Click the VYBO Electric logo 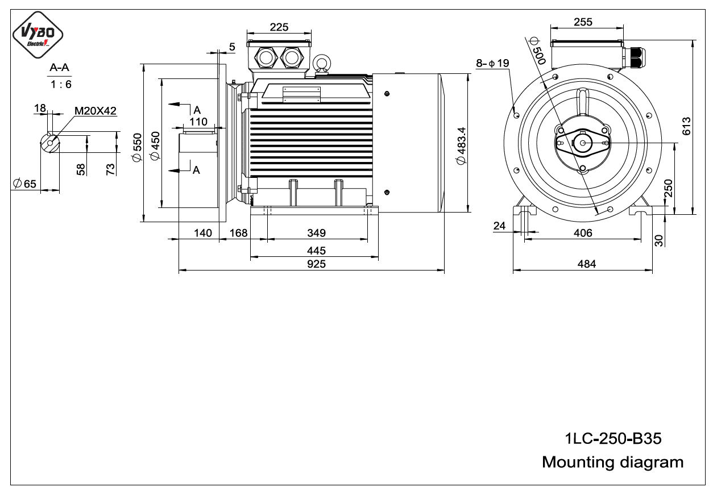pyautogui.click(x=38, y=35)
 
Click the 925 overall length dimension pyautogui.click(x=316, y=264)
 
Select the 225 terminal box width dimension pyautogui.click(x=279, y=27)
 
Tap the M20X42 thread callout pyautogui.click(x=96, y=111)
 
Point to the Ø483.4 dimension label pyautogui.click(x=461, y=146)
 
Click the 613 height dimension pyautogui.click(x=687, y=126)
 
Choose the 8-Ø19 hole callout pyautogui.click(x=492, y=63)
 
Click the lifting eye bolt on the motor pyautogui.click(x=322, y=65)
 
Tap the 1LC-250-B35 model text pyautogui.click(x=613, y=438)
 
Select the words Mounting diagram pyautogui.click(x=613, y=462)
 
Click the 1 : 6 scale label pyautogui.click(x=61, y=84)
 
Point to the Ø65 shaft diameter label pyautogui.click(x=25, y=184)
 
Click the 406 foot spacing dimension pyautogui.click(x=583, y=233)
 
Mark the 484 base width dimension pyautogui.click(x=587, y=264)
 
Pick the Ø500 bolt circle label pyautogui.click(x=537, y=51)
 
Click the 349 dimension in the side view pyautogui.click(x=316, y=233)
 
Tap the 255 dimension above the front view pyautogui.click(x=583, y=22)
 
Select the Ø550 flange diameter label pyautogui.click(x=137, y=148)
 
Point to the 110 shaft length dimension pyautogui.click(x=198, y=122)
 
